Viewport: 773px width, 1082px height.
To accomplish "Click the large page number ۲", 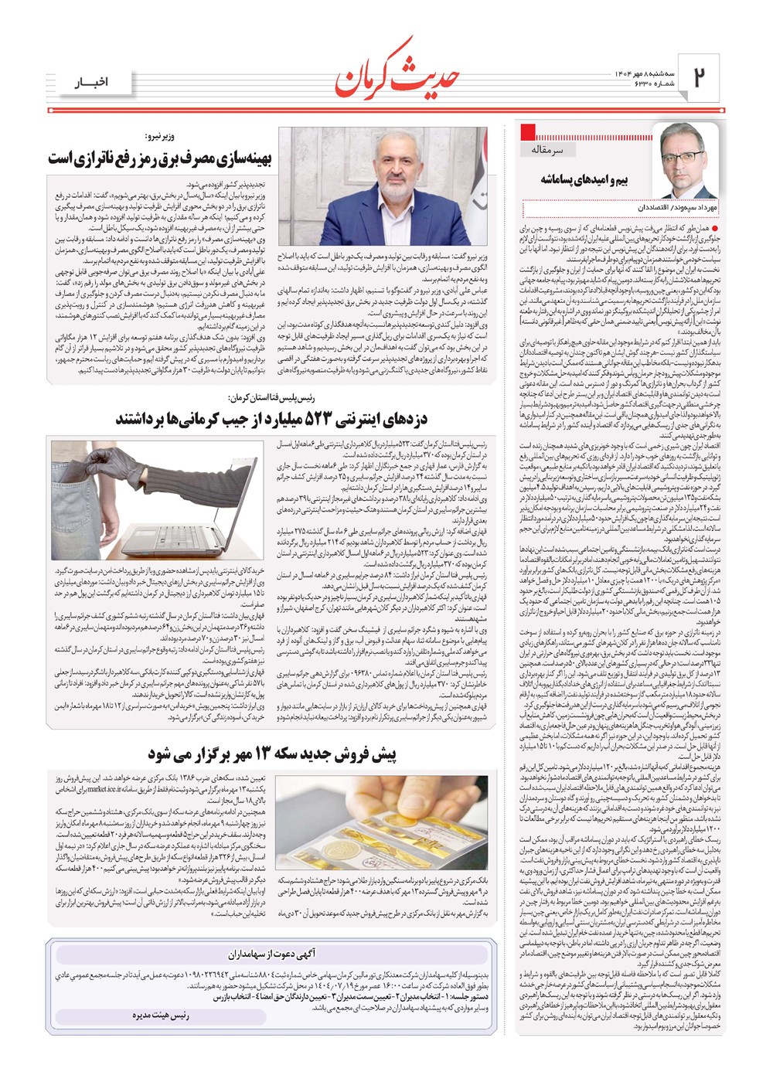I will pos(701,77).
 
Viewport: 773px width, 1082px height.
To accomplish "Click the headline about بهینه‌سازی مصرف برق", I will pos(160,159).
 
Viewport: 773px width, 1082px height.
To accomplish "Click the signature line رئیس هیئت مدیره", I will pos(161,1015).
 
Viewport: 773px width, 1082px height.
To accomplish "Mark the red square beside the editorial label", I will pos(530,131).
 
